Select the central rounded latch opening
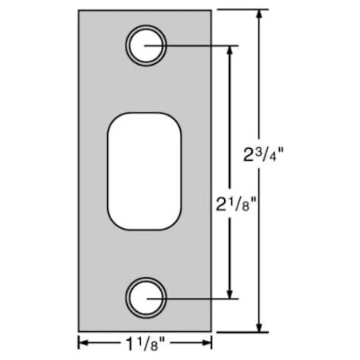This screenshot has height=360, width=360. [144, 171]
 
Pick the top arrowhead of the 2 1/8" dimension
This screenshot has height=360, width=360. [230, 50]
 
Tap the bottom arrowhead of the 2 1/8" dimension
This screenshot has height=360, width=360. [230, 293]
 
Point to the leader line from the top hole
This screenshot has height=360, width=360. [200, 45]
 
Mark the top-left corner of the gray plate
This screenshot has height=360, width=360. [79, 10]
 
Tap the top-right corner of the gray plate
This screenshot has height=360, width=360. [212, 10]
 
